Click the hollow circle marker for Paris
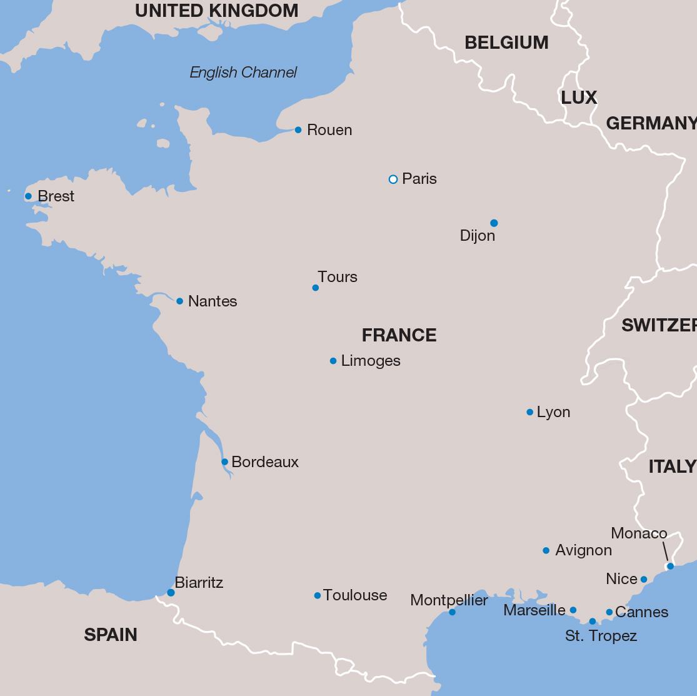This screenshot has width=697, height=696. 393,179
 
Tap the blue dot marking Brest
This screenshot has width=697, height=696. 28,196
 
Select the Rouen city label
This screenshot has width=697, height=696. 329,130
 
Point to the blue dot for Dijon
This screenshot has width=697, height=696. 494,223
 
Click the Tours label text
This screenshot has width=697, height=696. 338,277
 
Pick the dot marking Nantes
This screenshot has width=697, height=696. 179,301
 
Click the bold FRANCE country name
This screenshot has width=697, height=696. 399,335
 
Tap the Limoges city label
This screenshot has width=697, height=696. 371,361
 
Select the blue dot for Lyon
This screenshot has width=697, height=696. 530,412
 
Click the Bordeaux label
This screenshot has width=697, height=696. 265,462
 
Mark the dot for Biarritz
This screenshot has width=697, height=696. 171,593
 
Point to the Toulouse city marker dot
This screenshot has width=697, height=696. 318,596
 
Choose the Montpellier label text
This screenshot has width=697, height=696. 449,600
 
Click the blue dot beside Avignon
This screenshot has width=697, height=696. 546,550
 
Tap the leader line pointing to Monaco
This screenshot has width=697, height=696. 666,552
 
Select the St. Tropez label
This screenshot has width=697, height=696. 601,636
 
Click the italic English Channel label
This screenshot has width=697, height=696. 243,73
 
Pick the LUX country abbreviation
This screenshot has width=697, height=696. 579,98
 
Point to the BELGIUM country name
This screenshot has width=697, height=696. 506,43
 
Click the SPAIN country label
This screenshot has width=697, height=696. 111,635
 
